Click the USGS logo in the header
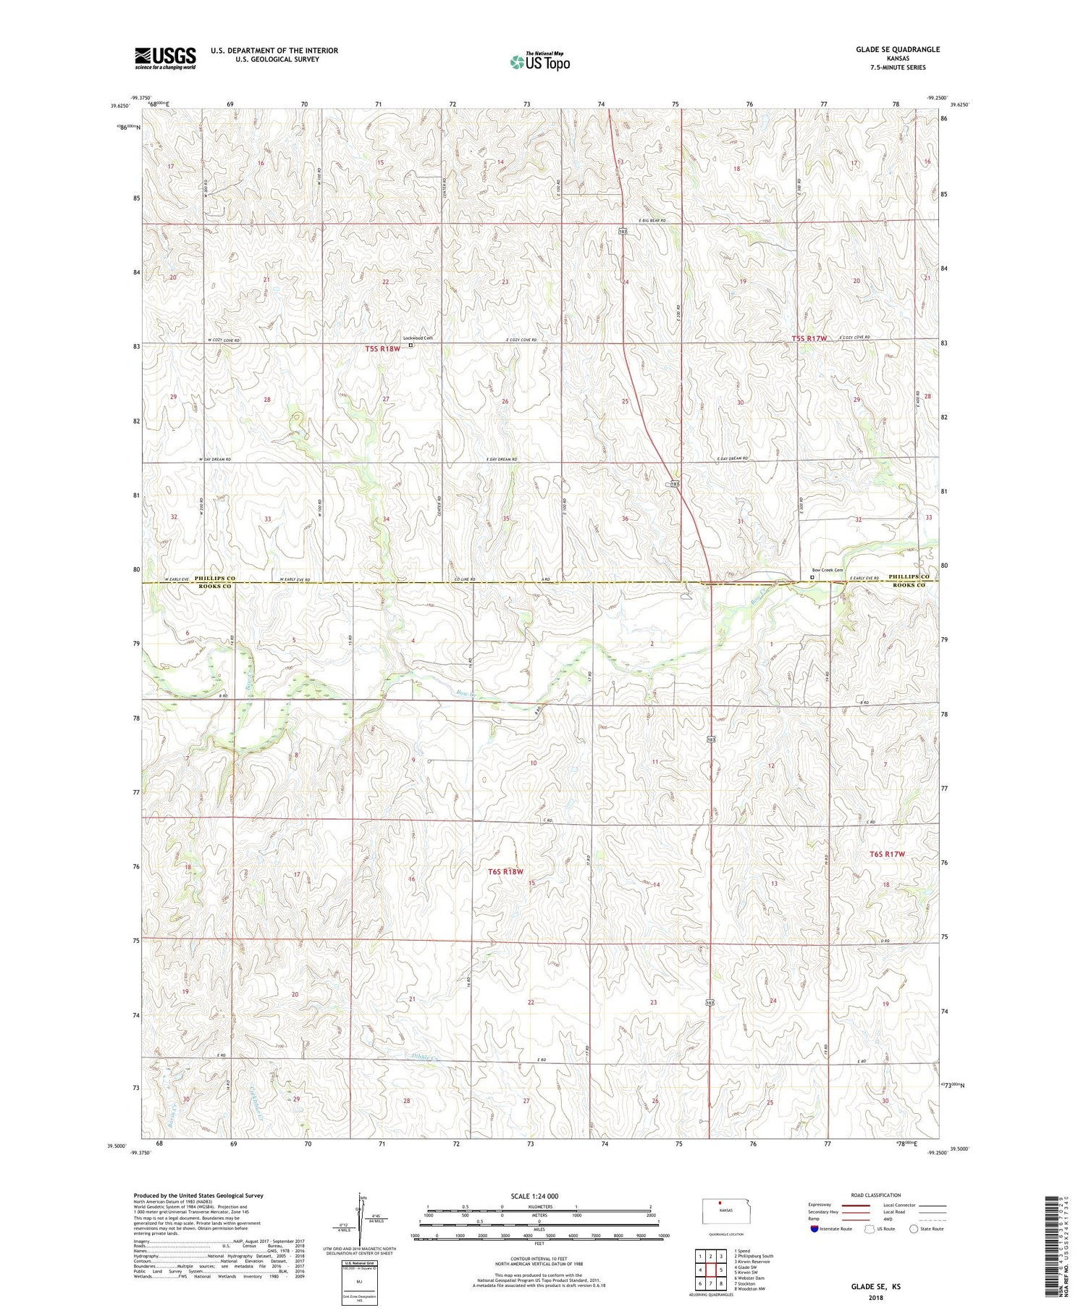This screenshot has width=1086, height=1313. [165, 58]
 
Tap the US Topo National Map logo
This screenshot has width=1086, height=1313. [539, 62]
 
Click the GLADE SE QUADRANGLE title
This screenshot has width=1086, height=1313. [897, 49]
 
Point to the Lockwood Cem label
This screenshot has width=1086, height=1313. [418, 338]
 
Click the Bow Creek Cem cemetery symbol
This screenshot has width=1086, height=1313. [812, 577]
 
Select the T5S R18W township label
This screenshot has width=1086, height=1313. [382, 349]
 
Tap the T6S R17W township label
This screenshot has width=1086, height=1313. [888, 855]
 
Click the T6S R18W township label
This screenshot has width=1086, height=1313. [505, 872]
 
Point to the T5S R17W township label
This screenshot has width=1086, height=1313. [809, 338]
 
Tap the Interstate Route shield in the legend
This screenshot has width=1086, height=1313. [814, 1229]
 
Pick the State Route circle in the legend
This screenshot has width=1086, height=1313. [914, 1229]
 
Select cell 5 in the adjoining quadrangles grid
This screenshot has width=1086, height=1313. [721, 1270]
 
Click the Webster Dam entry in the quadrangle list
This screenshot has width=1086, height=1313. [750, 1278]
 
